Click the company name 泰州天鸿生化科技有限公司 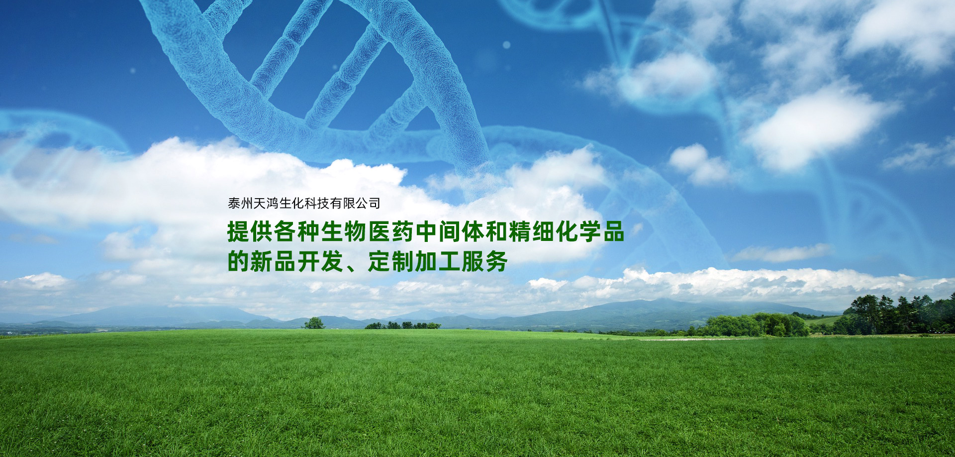(304, 203)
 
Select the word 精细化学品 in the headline (567, 231)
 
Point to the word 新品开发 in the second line (296, 261)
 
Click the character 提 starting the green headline (238, 231)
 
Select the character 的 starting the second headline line (238, 261)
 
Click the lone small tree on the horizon (314, 324)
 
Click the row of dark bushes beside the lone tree (403, 326)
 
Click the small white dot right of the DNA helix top (506, 45)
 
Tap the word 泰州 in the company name (241, 203)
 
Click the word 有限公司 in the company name (355, 203)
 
